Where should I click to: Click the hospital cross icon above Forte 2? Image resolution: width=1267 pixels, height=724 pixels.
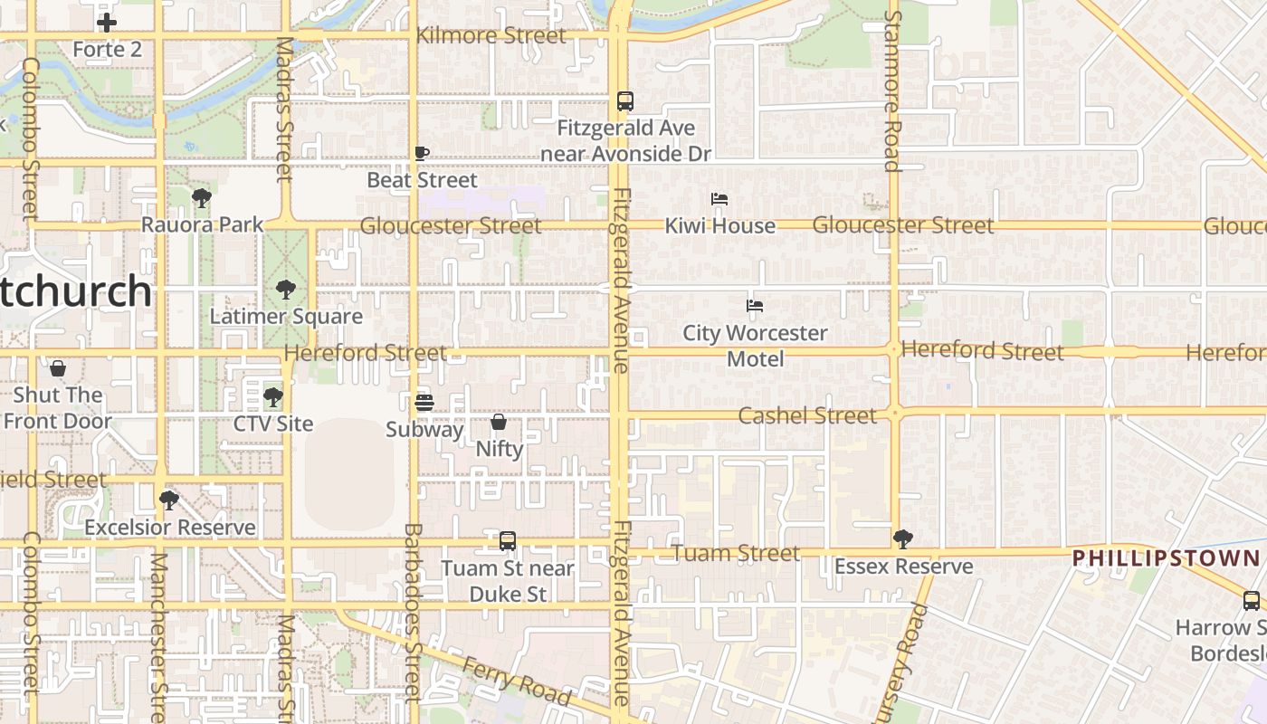click(107, 23)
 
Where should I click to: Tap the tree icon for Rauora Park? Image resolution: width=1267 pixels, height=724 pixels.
click(202, 197)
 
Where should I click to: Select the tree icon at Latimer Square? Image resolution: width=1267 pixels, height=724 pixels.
click(286, 290)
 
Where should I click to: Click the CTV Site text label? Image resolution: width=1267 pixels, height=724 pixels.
click(273, 424)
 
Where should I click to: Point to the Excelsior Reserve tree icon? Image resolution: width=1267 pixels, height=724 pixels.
click(169, 500)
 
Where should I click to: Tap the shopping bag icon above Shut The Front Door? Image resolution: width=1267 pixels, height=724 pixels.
click(58, 368)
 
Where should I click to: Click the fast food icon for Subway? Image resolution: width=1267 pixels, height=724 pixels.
click(424, 402)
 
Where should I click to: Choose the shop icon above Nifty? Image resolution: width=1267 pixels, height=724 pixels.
click(499, 422)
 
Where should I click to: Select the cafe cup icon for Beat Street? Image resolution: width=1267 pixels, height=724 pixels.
click(421, 153)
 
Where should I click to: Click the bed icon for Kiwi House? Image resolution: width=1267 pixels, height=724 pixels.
click(719, 199)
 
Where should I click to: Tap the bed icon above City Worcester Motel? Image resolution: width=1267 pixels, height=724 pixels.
click(755, 306)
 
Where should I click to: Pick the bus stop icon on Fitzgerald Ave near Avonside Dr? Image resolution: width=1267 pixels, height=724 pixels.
click(625, 100)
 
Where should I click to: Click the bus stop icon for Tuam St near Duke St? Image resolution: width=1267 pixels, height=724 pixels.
click(508, 541)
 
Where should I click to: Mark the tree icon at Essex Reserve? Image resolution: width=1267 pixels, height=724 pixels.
click(902, 539)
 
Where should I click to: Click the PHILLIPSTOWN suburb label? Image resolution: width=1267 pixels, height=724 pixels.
click(1166, 557)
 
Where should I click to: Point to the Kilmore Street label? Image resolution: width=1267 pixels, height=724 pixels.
click(491, 36)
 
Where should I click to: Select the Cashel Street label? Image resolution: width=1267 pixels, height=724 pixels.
click(807, 415)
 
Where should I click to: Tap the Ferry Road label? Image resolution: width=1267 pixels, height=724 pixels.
click(517, 681)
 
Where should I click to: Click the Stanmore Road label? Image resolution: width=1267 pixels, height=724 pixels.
click(892, 90)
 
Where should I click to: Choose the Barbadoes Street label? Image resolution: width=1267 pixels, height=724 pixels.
click(413, 612)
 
